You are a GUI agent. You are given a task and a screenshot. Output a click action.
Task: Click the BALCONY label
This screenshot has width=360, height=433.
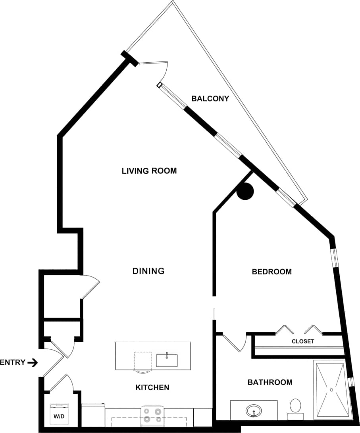coord(210,98)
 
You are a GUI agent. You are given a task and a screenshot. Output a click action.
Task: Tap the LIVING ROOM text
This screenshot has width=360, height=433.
coord(149,171)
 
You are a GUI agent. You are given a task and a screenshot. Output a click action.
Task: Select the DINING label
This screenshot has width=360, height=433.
coord(148,271)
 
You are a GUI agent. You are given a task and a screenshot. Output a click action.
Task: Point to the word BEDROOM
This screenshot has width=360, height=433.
coord(271,272)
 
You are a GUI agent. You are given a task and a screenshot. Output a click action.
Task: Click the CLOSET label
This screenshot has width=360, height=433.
coord(303,341)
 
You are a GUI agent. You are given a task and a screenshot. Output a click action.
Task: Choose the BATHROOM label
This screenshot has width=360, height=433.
coord(270,382)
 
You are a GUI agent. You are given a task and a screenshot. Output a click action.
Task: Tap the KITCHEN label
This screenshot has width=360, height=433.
coord(152,387)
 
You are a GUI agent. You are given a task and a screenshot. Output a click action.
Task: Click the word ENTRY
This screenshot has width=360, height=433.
coord(13,362)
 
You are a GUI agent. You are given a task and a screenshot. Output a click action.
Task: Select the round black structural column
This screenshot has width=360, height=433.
coord(245,191)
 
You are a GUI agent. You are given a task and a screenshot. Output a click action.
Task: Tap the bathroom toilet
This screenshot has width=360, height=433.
coord(295,408)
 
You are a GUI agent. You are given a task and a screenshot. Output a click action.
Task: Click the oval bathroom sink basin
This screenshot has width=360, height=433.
coord(253,410)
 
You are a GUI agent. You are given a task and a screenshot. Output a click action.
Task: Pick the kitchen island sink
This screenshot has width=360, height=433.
coord(167,360)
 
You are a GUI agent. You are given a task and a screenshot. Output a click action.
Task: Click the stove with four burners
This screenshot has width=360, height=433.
coord(153,415)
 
